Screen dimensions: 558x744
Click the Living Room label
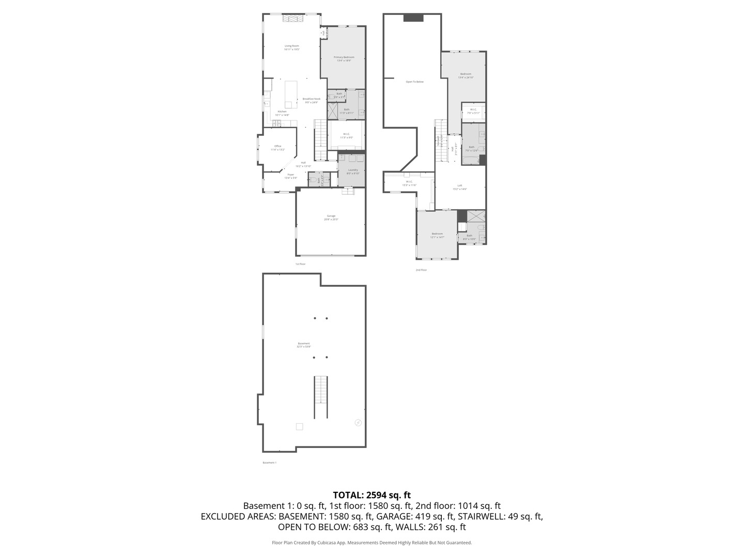(292, 46)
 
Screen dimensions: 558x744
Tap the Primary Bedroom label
(344, 57)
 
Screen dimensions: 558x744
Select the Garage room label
(331, 216)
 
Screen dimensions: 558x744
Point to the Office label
(278, 146)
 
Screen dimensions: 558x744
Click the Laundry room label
(353, 170)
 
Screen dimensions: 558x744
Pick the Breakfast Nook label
(312, 99)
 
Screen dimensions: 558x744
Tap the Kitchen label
(282, 112)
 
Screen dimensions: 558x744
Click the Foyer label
(291, 175)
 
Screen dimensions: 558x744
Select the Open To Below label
(414, 82)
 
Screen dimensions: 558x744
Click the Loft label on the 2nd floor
(460, 185)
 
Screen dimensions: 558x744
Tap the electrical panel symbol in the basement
(358, 423)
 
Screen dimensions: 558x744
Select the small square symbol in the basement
(299, 426)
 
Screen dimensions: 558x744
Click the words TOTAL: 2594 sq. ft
(372, 495)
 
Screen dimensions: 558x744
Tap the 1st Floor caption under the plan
(301, 264)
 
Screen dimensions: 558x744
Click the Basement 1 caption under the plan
(270, 462)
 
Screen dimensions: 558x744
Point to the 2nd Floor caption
(421, 270)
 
